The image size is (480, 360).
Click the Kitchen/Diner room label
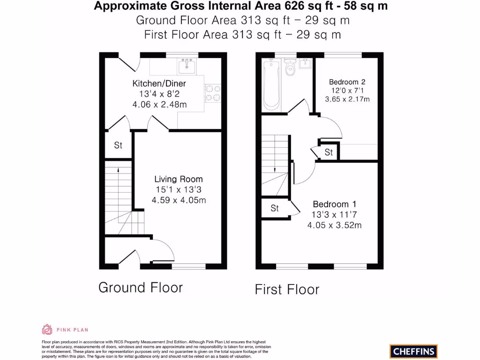[159, 83]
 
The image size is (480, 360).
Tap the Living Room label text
[179, 179]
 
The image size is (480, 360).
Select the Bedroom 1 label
[334, 204]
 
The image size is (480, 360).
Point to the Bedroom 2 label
[347, 82]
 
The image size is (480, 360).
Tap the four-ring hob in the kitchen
[213, 93]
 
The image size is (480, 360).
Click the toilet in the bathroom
[290, 69]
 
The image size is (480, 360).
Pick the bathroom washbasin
[306, 64]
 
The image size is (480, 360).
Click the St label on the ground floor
[118, 145]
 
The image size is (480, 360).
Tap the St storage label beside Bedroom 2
[329, 152]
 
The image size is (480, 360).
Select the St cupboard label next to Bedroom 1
[275, 208]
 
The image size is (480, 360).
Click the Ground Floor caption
[141, 287]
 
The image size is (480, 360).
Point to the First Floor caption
[287, 289]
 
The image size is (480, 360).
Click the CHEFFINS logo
[413, 351]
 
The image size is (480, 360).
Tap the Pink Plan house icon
[47, 330]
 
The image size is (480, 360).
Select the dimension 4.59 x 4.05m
[179, 200]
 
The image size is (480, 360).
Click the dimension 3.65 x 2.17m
[347, 99]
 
